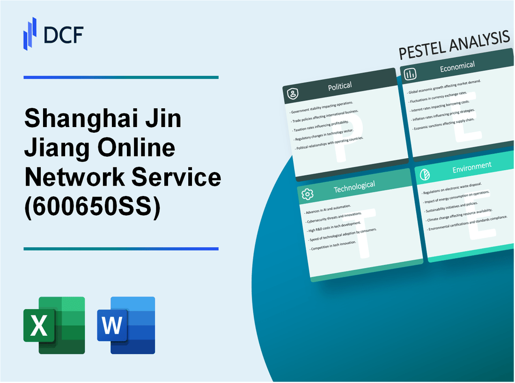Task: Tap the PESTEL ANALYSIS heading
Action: pyautogui.click(x=454, y=46)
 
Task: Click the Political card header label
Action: pyautogui.click(x=340, y=86)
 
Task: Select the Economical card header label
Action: pyautogui.click(x=457, y=67)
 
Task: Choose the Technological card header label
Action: pyautogui.click(x=354, y=187)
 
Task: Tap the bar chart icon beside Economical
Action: pyautogui.click(x=411, y=75)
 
